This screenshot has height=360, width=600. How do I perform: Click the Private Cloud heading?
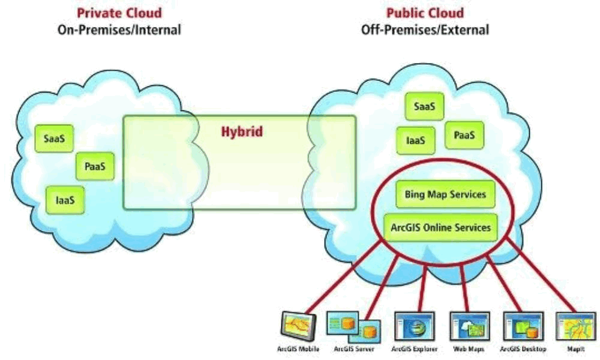[119, 13]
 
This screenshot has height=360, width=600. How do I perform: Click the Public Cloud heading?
[425, 13]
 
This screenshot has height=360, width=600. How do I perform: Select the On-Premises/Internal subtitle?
[119, 29]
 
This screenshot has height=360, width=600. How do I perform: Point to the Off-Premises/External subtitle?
[425, 29]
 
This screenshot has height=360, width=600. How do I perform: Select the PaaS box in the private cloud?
[95, 166]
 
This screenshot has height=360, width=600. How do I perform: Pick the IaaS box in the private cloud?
[65, 199]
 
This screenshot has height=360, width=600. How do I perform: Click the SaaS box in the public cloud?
[425, 107]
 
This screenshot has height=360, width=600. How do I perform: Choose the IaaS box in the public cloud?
[415, 140]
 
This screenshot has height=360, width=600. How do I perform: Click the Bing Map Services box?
[445, 195]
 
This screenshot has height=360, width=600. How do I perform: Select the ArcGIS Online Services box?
[440, 227]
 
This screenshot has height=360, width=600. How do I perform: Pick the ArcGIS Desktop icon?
[523, 326]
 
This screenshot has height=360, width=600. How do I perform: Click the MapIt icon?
[575, 326]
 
